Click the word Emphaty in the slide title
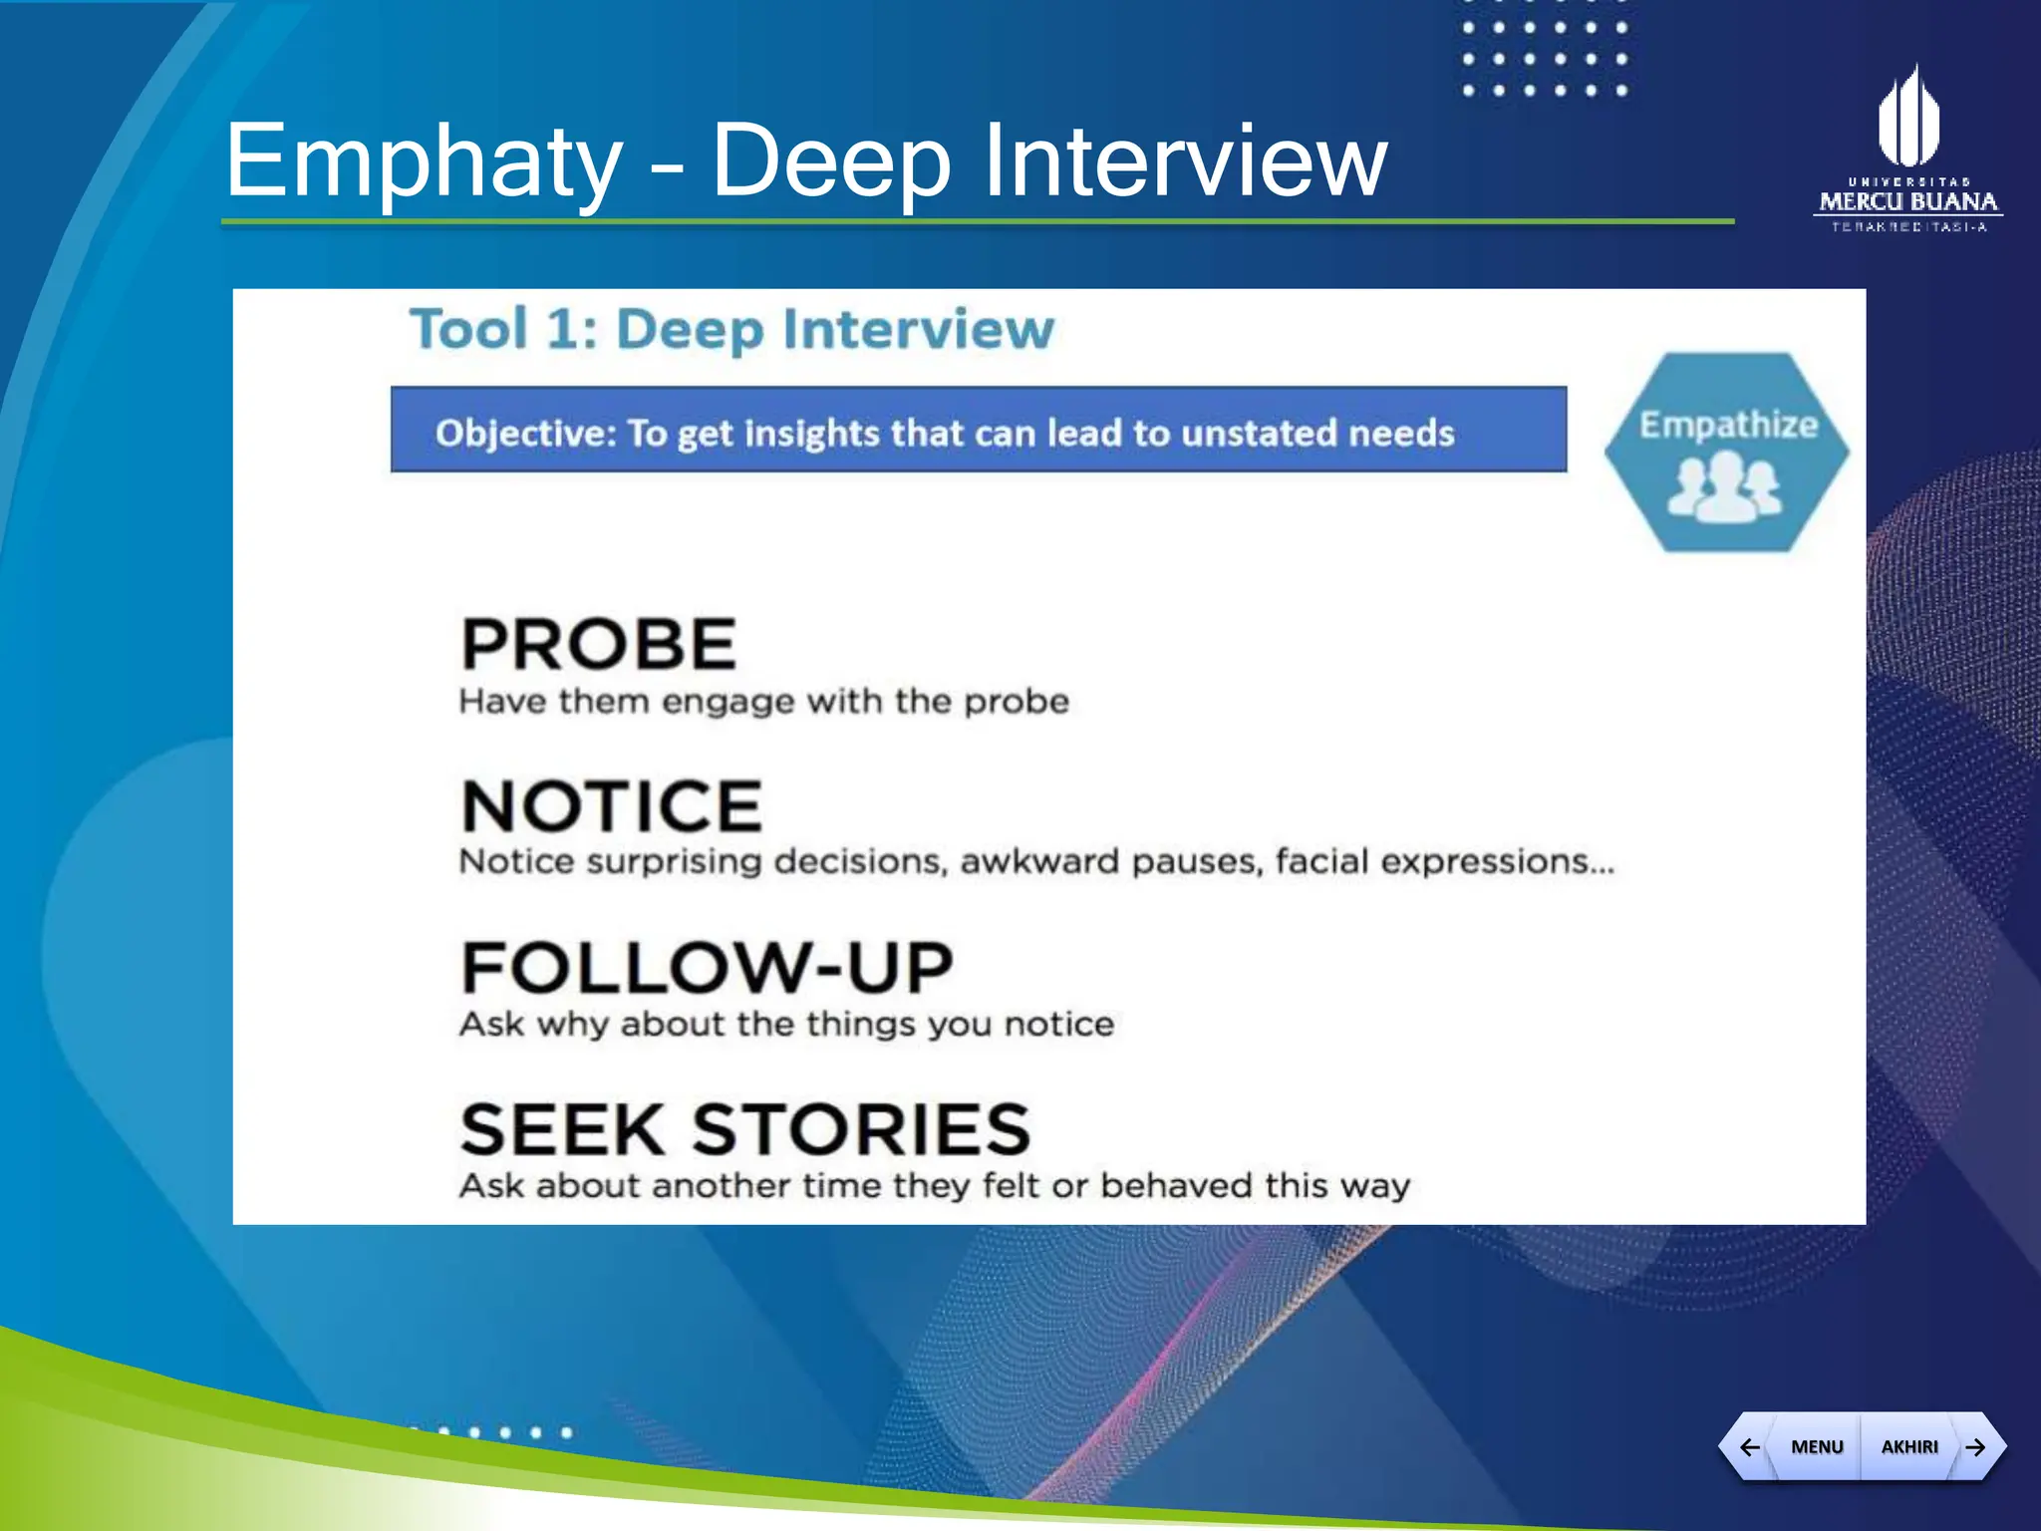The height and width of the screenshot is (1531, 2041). click(424, 161)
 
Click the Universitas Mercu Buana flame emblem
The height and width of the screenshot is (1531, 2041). click(1907, 118)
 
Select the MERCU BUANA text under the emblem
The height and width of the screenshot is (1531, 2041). click(1907, 202)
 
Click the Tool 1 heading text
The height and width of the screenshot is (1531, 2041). click(503, 329)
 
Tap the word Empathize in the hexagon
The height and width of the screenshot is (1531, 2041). click(1728, 425)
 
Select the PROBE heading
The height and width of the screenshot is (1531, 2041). click(599, 644)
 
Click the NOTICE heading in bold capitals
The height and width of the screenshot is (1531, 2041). click(612, 806)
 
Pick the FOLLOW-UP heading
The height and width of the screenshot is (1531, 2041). click(707, 968)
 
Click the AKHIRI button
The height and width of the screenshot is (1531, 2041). click(1908, 1446)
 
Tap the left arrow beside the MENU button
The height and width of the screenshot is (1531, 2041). click(1749, 1446)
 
